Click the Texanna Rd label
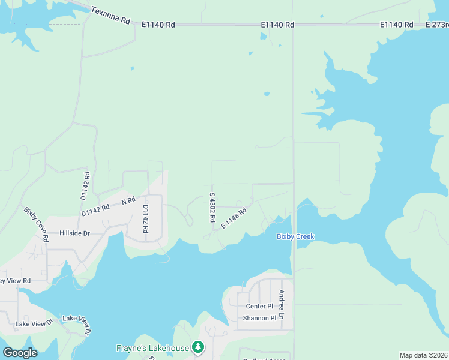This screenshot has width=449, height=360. coord(110,16)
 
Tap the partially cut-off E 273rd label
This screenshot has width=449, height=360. coord(436,25)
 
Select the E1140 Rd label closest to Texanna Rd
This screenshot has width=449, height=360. coord(158,25)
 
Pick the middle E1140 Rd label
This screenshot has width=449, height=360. coord(277,25)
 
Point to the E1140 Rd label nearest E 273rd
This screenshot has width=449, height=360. coord(397,25)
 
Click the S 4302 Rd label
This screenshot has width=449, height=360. coord(212,208)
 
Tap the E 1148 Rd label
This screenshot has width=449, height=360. coord(234,218)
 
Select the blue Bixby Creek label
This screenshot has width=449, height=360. coord(295,236)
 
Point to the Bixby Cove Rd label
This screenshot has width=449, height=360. coord(37,224)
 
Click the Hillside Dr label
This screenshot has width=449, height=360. coord(74,233)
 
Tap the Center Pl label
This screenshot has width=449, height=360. coord(259,306)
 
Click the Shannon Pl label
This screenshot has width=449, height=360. coord(259,318)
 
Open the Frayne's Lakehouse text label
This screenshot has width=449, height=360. coord(152,347)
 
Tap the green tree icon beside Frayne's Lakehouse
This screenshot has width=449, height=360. coord(198,347)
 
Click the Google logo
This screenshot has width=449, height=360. coord(20,353)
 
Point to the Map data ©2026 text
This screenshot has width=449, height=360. coord(423,355)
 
